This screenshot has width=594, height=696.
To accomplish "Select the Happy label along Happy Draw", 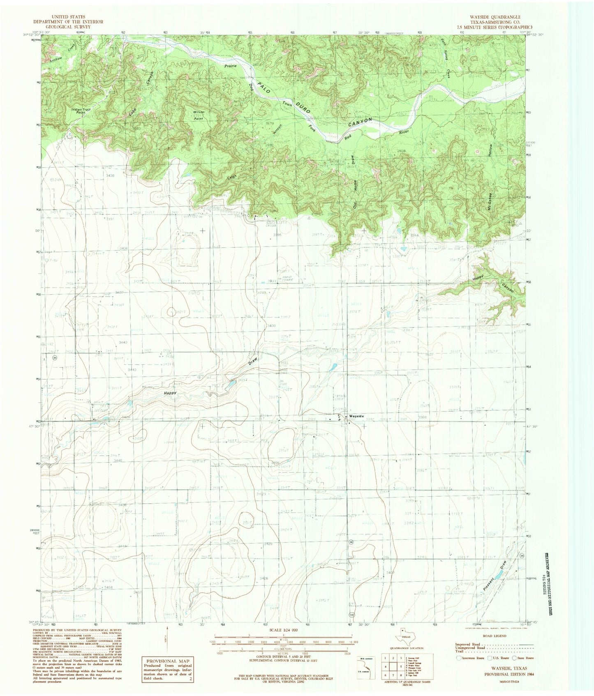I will [x=170, y=393].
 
